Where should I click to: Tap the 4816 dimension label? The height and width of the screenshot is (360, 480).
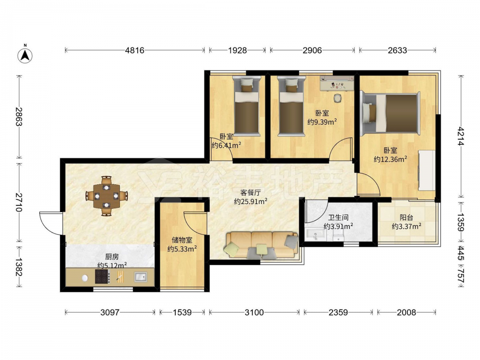[135, 50]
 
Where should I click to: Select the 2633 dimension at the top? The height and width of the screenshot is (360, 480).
[397, 50]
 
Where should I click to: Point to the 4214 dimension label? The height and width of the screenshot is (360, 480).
[461, 136]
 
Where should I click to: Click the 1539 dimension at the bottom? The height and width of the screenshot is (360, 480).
[182, 312]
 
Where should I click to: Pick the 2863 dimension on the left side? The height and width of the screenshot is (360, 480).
[19, 117]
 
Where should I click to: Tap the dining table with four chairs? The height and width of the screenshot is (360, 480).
[106, 196]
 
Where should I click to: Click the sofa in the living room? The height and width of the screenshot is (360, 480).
[262, 245]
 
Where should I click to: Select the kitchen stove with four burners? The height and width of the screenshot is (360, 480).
[103, 276]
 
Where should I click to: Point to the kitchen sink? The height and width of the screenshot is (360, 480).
[141, 277]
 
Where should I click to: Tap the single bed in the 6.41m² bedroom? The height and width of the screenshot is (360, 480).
[247, 106]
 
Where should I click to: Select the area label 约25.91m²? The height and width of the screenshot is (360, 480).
[251, 202]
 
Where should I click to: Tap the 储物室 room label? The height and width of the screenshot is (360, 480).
[182, 240]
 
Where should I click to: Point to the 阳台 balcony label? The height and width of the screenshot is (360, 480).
[406, 217]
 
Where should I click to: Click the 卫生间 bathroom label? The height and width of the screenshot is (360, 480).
[338, 217]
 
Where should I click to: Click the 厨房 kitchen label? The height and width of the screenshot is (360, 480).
[112, 257]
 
